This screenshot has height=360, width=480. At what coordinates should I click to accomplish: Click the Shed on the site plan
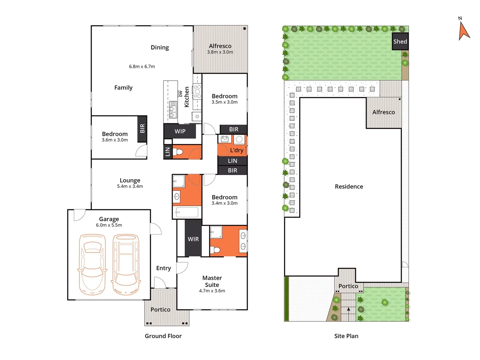[x=400, y=41]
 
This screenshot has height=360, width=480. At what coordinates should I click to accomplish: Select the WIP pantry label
[x=180, y=131]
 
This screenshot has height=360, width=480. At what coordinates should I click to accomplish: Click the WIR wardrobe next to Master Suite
[x=193, y=239]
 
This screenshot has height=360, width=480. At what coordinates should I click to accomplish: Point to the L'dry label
[x=237, y=150]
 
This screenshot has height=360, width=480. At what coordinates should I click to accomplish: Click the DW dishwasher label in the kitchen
[x=181, y=94]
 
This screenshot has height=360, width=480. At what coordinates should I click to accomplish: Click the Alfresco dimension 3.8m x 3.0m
[x=220, y=52]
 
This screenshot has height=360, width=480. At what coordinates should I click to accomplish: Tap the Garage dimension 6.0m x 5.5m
[x=109, y=225]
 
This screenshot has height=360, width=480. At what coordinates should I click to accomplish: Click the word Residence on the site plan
[x=349, y=187]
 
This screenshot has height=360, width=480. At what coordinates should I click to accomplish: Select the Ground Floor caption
[x=163, y=336]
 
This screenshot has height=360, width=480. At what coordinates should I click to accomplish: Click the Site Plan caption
[x=346, y=336]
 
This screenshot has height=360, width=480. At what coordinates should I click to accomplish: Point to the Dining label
[x=160, y=47]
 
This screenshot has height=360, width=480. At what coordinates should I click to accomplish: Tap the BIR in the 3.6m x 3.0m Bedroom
[x=142, y=129]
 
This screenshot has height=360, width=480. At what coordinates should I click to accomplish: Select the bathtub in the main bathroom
[x=187, y=212]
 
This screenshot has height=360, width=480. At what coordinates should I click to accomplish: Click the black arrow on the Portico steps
[x=348, y=310]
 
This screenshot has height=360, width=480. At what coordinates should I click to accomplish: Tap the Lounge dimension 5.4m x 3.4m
[x=130, y=186]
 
